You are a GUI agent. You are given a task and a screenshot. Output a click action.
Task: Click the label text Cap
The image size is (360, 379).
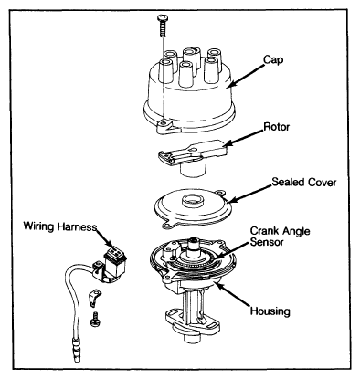click(x=273, y=60)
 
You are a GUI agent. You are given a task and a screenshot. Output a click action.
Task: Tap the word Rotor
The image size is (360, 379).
click(x=276, y=126)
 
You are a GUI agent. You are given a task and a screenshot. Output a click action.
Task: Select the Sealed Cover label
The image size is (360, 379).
click(x=304, y=182)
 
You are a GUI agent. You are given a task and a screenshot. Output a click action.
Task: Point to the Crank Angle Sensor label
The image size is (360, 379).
click(x=280, y=236)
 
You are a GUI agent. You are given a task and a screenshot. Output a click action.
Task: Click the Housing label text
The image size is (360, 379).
click(x=270, y=311)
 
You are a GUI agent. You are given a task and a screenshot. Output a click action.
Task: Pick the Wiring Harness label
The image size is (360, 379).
click(x=60, y=226)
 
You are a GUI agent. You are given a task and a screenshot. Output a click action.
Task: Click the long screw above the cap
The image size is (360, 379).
click(x=162, y=26)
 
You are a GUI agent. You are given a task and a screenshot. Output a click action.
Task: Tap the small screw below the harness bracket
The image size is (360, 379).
click(x=95, y=320)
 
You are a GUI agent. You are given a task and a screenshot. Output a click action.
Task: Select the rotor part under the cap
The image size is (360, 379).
click(x=191, y=158)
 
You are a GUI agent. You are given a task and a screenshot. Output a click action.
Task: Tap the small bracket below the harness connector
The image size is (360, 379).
click(x=94, y=298)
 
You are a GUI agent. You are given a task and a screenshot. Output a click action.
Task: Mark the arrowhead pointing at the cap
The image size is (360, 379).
click(x=232, y=83)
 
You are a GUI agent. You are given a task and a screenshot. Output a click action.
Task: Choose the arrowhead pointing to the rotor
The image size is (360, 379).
click(x=227, y=143)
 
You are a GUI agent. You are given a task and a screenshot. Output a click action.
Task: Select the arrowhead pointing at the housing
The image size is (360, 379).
click(x=217, y=285)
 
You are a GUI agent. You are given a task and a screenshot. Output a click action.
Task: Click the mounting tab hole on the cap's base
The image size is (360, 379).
click(x=164, y=123)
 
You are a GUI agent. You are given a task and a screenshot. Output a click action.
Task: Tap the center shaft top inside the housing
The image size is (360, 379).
click(x=194, y=243)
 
